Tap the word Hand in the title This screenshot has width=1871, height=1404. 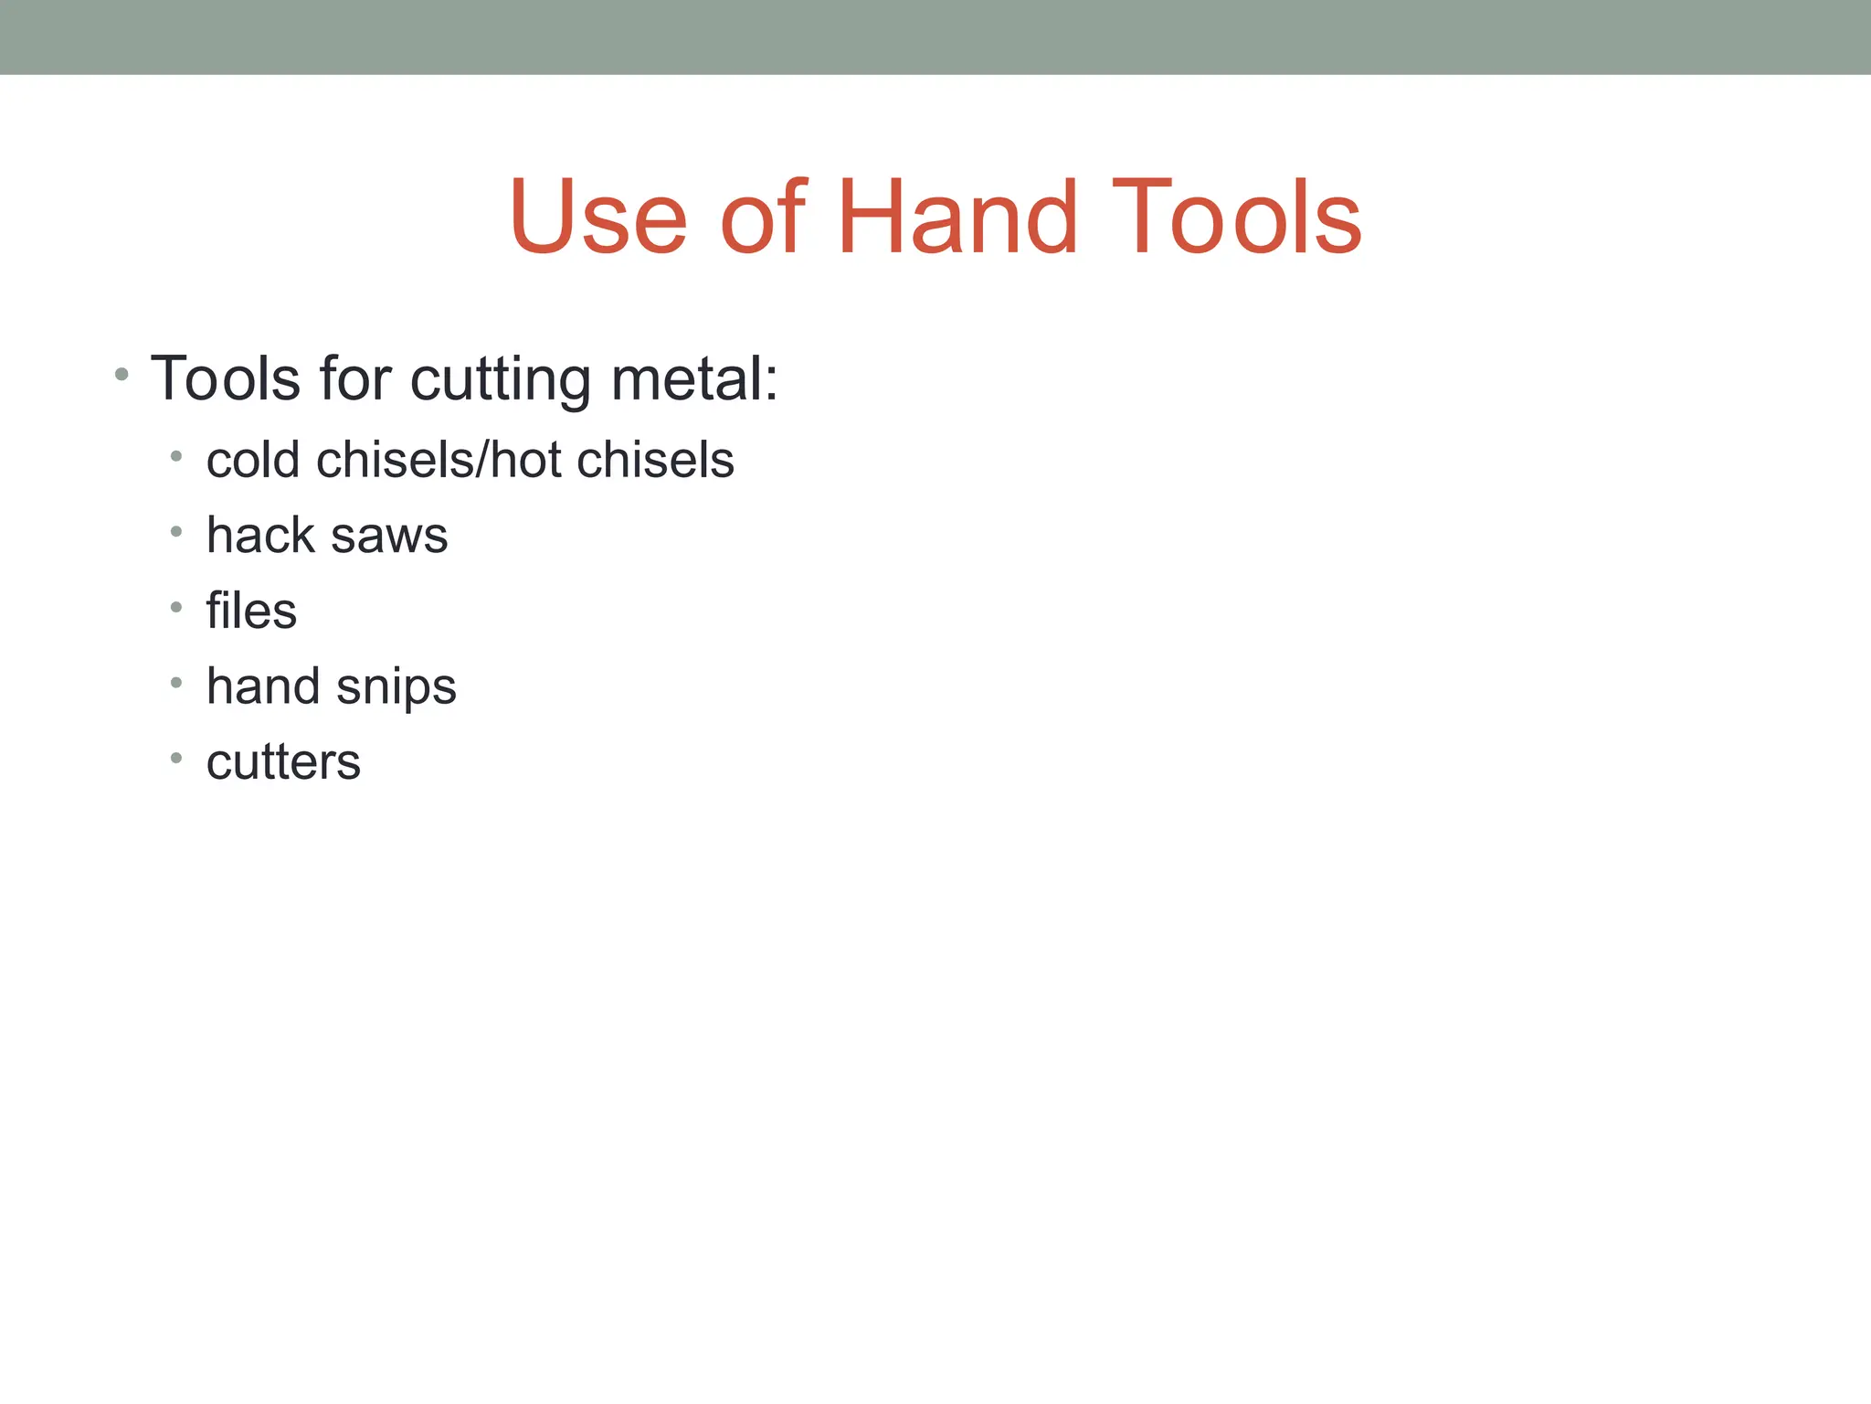pyautogui.click(x=957, y=218)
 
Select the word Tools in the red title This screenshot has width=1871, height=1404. pyautogui.click(x=1236, y=218)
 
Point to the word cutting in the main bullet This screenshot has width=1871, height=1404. pyautogui.click(x=501, y=380)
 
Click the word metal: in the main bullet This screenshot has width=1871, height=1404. pyautogui.click(x=694, y=378)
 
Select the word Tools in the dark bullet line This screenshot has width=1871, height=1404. pyautogui.click(x=226, y=378)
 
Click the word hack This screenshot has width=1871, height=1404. pyautogui.click(x=260, y=535)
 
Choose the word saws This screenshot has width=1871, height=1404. pyautogui.click(x=389, y=537)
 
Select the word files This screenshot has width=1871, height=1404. pyautogui.click(x=251, y=611)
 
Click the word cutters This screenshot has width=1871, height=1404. pyautogui.click(x=283, y=762)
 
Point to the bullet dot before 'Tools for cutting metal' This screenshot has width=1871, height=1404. pyautogui.click(x=122, y=375)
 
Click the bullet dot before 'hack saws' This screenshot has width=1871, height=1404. pyautogui.click(x=176, y=531)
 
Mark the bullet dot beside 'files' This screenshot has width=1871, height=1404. pyautogui.click(x=176, y=607)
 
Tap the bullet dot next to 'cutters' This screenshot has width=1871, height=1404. pyautogui.click(x=176, y=758)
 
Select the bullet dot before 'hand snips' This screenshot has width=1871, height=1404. pyautogui.click(x=176, y=682)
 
